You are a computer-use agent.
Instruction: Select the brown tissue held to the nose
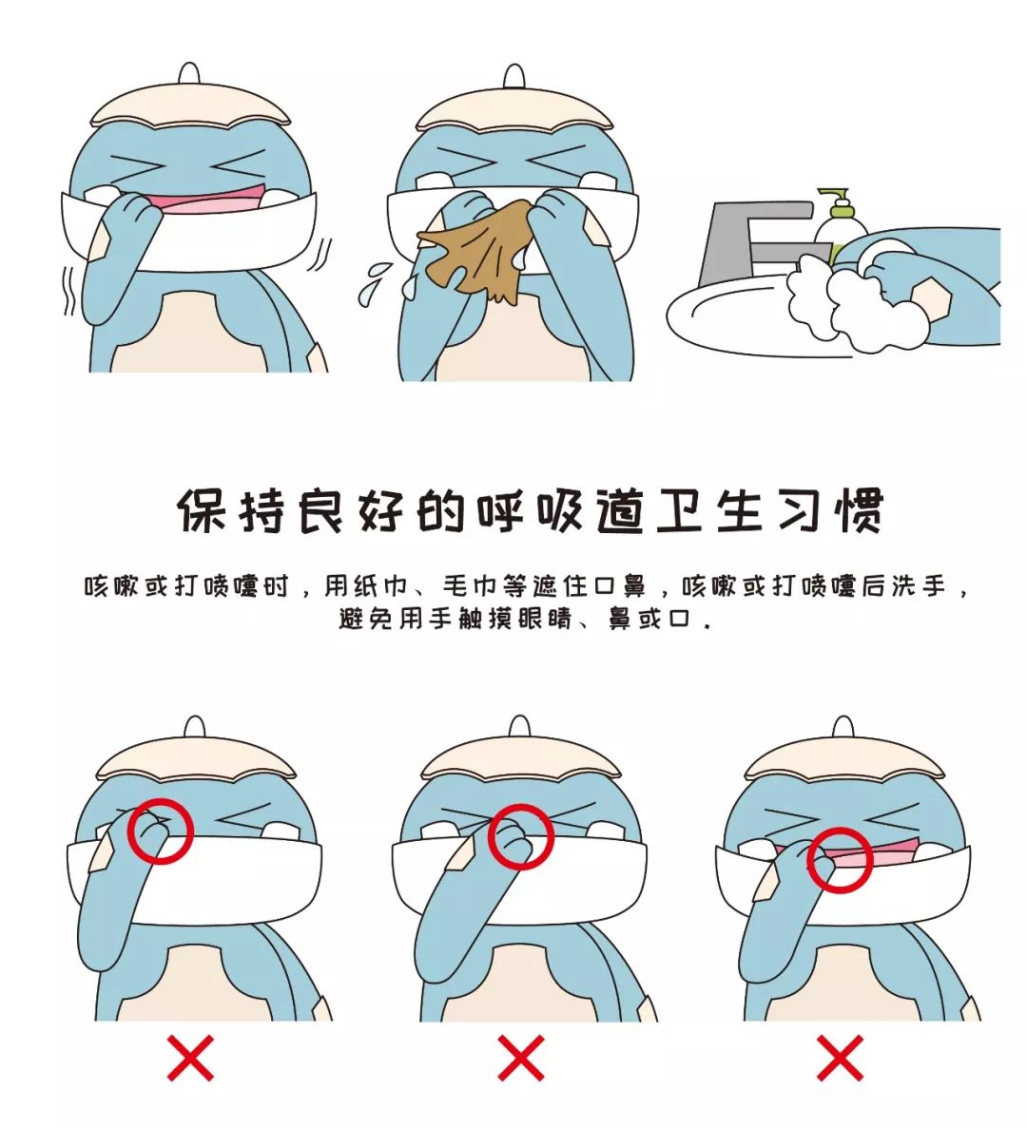coord(480,248)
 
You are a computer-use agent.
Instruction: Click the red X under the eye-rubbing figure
coord(191,1057)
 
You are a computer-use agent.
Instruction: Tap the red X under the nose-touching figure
coord(520,1057)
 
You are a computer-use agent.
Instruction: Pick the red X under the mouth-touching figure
coord(839,1057)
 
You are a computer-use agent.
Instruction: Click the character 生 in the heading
coord(739,511)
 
